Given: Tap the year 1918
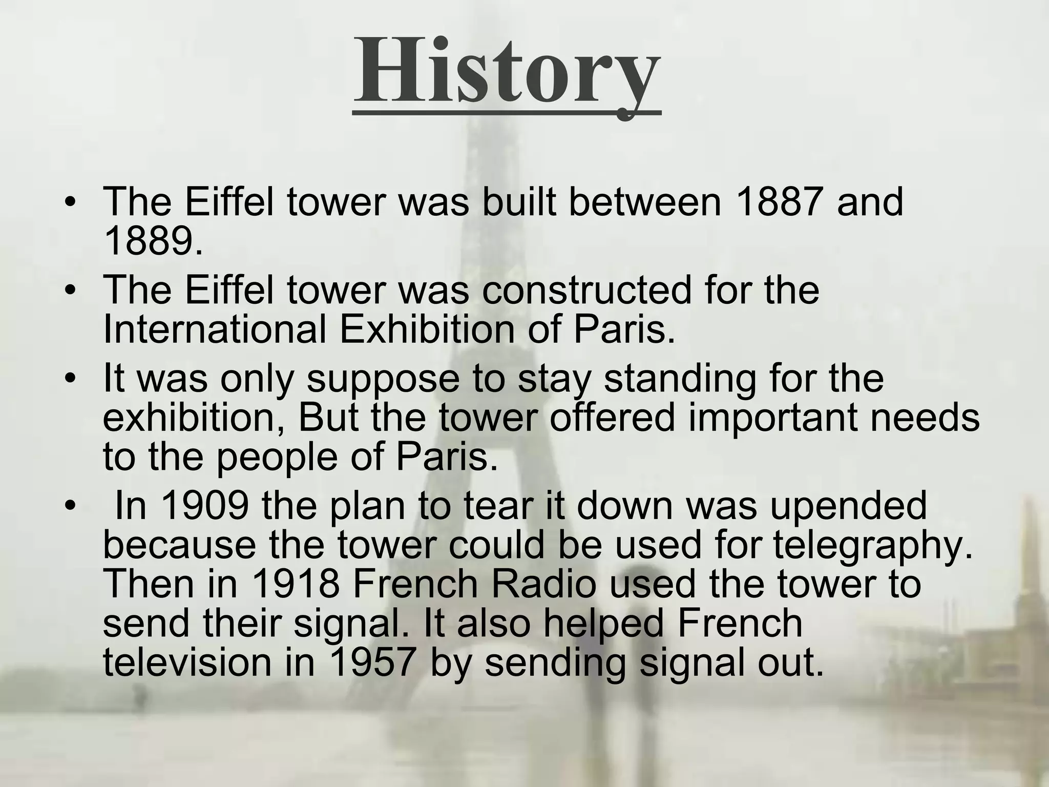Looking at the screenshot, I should [296, 584].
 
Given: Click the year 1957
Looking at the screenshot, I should [371, 662].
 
